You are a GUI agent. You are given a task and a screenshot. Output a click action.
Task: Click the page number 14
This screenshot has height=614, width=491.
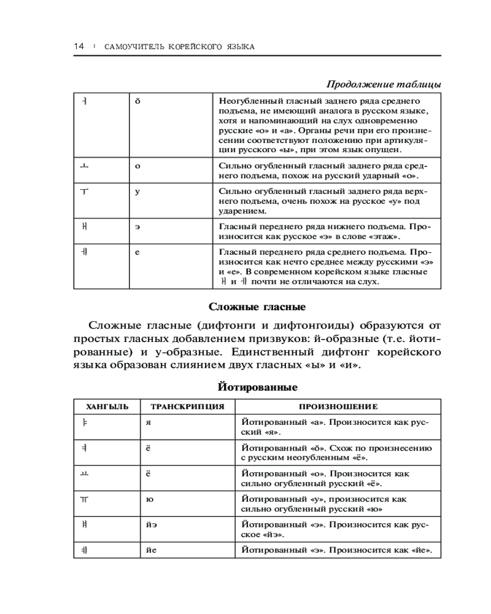point(78,47)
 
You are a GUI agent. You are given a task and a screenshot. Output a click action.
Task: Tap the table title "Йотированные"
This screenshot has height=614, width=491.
point(257,387)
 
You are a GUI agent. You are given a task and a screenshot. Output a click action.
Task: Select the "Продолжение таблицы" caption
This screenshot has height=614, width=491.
point(383,84)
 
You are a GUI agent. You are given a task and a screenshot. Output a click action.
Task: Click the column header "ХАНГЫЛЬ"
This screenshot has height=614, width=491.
point(107,406)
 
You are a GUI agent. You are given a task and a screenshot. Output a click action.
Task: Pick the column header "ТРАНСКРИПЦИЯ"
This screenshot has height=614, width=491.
point(184,406)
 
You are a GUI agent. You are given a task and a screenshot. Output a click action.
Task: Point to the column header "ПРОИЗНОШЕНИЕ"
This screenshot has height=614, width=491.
point(338,406)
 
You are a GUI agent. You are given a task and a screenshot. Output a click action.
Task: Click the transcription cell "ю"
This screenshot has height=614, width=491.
point(150,499)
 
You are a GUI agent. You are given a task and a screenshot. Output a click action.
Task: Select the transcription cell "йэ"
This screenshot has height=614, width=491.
point(152,525)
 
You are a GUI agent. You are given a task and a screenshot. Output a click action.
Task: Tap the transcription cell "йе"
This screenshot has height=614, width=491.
point(152,550)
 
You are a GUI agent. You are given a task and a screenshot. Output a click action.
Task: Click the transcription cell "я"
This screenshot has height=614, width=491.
point(149,423)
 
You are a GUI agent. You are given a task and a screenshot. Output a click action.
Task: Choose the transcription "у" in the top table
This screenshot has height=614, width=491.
point(137,191)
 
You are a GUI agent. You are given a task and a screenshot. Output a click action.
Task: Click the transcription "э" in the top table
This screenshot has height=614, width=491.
point(137,227)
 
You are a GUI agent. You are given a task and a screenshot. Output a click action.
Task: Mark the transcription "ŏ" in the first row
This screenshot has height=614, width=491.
point(137,100)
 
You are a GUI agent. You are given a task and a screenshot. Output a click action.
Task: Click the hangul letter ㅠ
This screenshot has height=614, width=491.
point(84,499)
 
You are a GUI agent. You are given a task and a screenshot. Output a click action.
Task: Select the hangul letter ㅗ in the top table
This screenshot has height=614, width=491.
point(84,166)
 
